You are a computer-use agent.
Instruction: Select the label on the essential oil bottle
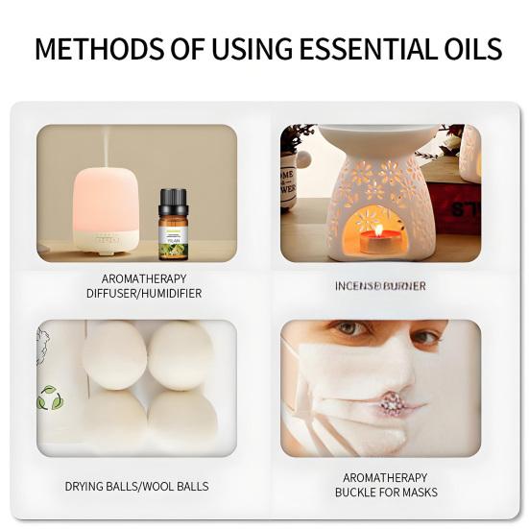pos(173,238)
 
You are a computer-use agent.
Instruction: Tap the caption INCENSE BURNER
pos(380,286)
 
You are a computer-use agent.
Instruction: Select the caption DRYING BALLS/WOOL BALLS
pos(136,486)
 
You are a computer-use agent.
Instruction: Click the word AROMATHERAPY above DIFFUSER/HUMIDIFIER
pos(137,278)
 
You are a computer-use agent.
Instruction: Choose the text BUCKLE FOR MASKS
pos(386,493)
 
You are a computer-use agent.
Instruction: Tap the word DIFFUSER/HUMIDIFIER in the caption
pos(137,294)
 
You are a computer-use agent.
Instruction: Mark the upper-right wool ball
pos(180,354)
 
